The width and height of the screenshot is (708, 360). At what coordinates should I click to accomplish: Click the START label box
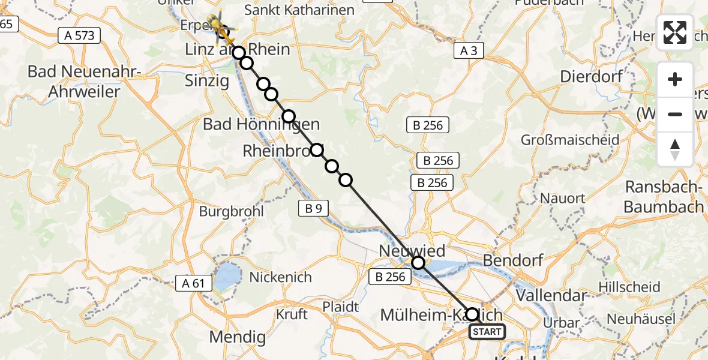click(487, 332)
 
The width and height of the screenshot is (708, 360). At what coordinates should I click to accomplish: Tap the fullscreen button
click(675, 32)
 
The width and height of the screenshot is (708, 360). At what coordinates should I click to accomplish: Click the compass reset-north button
click(675, 149)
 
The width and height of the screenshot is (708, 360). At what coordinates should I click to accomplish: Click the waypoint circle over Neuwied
click(418, 263)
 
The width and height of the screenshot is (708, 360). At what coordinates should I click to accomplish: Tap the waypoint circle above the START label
click(472, 314)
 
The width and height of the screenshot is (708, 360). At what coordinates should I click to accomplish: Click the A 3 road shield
click(468, 51)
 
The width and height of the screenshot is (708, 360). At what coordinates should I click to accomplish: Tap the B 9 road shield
click(313, 208)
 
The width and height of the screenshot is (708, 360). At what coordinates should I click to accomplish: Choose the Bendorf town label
click(513, 260)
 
